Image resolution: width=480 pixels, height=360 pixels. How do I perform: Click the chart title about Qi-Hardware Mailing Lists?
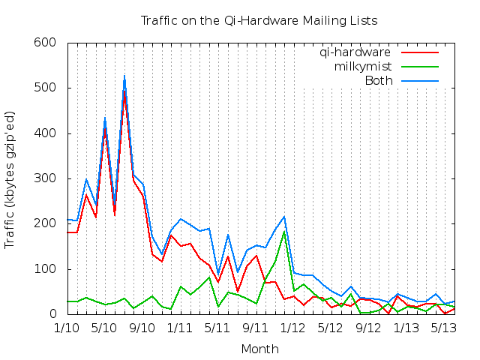click(x=259, y=20)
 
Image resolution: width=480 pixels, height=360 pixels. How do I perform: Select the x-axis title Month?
click(x=259, y=349)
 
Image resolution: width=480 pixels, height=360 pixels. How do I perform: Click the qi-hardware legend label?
click(x=355, y=52)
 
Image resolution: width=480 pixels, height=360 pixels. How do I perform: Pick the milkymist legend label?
click(x=361, y=67)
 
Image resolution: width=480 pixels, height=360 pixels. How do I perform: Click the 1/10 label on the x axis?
click(x=67, y=328)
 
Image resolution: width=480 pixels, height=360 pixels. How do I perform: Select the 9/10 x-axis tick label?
click(x=142, y=328)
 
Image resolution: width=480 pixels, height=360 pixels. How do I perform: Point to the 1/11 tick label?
click(x=180, y=328)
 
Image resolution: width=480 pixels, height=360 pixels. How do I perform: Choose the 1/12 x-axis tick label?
click(x=292, y=328)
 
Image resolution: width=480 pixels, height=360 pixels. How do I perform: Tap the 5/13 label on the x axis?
click(x=444, y=328)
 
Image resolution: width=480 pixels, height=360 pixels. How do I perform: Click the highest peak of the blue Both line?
click(x=124, y=76)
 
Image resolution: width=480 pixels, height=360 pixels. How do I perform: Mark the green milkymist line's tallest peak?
click(x=284, y=231)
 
